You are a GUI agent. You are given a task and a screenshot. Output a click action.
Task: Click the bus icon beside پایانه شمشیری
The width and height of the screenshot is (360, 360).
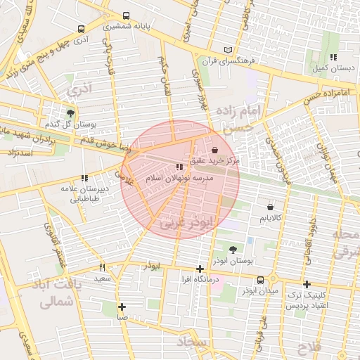tap(126, 15)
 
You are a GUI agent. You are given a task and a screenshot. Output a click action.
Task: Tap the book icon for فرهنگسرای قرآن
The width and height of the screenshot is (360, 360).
tap(226, 49)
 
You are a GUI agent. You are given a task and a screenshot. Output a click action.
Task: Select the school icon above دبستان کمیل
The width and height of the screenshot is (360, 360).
tap(333, 57)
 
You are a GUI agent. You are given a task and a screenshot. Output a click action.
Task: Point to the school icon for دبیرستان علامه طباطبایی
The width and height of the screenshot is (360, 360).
tap(84, 179)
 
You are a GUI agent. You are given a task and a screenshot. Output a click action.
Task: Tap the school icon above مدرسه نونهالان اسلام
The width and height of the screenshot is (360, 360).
tap(179, 167)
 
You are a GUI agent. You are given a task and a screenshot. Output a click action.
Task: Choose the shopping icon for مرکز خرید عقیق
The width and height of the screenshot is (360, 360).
tap(214, 150)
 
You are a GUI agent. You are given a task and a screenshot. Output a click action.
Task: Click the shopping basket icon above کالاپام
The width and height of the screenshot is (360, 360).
tap(271, 207)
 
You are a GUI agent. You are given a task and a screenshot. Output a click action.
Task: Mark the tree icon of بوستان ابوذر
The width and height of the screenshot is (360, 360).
tap(233, 249)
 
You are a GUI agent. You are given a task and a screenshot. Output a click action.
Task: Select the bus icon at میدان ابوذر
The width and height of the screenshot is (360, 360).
tap(261, 279)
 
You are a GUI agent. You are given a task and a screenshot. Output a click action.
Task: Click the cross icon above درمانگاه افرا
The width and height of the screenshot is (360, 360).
tap(200, 269)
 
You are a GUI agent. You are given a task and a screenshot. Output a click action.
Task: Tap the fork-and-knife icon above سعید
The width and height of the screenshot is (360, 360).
tap(103, 267)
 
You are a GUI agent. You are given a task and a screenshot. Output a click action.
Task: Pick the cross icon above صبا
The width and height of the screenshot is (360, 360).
tap(122, 307)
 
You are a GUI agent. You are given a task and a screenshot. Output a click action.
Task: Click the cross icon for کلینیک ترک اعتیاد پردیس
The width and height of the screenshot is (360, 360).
tap(307, 284)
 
